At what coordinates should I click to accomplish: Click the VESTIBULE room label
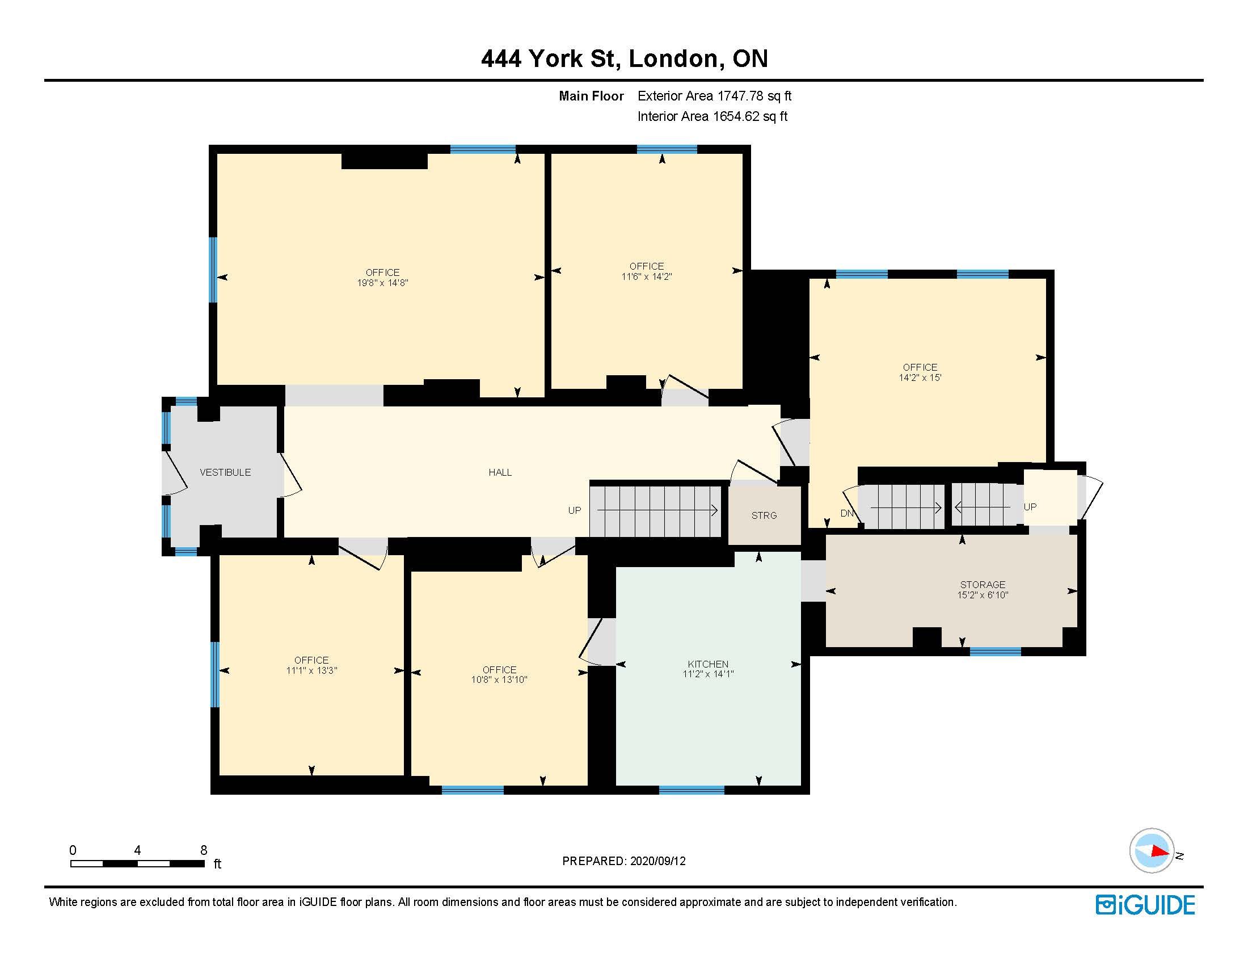tap(225, 472)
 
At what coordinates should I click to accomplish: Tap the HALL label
tap(500, 472)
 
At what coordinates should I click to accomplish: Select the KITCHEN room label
tap(708, 664)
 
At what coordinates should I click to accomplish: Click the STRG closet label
tap(764, 515)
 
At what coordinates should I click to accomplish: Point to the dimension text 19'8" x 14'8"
tap(383, 283)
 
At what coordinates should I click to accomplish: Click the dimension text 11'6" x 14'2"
tap(647, 276)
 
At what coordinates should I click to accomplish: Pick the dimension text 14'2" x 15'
tap(920, 377)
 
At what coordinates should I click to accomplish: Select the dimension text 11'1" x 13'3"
tap(311, 670)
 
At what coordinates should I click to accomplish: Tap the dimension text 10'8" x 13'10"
tap(499, 679)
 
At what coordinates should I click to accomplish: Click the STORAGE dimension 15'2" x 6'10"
tap(983, 595)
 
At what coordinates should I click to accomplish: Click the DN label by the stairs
tap(847, 513)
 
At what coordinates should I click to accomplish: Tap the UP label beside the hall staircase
tap(574, 510)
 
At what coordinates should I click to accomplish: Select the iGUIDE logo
tap(1145, 905)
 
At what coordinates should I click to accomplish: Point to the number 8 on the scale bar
tap(204, 850)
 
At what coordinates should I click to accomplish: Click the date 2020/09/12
tap(657, 861)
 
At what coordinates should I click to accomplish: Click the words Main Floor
tap(591, 96)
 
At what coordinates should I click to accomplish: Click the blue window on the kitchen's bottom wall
tap(692, 790)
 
